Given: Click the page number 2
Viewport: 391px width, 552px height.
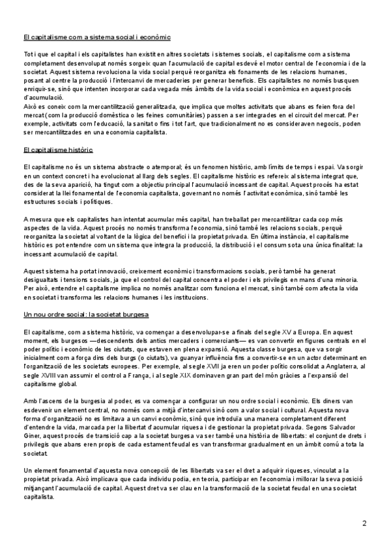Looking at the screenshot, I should [364, 523].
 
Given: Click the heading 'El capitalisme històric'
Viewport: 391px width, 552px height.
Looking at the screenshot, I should [57, 150].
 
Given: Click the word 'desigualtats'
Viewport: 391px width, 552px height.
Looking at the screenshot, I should [42, 278].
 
